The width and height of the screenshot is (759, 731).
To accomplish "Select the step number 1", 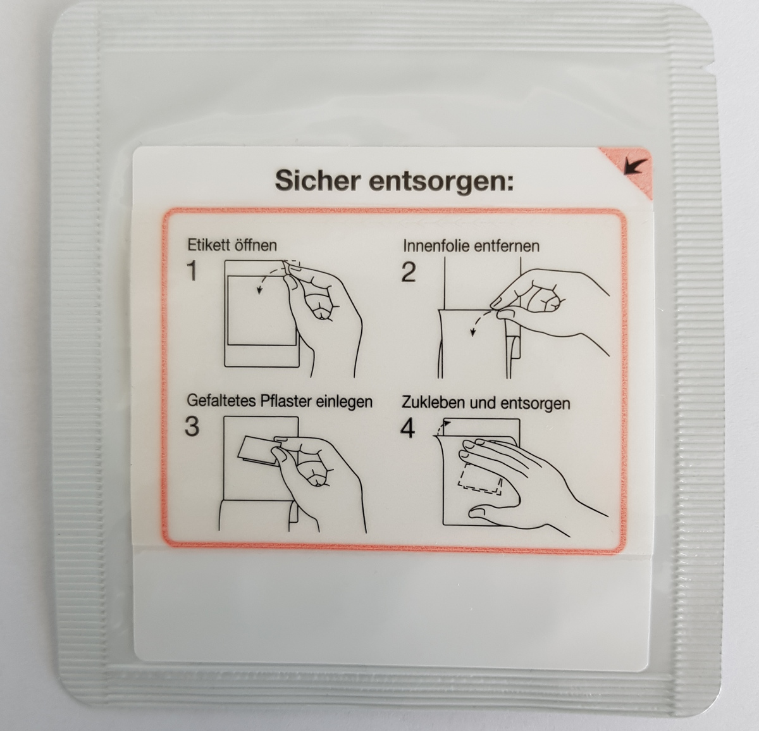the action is point(192,271).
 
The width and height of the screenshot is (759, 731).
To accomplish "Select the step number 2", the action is point(409,272).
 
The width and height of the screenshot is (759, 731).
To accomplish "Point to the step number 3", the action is point(192,427).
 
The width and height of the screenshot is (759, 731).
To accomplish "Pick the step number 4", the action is point(407,428).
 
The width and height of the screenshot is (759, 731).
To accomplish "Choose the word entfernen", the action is point(507,246).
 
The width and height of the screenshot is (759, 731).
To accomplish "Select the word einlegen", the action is point(344,403).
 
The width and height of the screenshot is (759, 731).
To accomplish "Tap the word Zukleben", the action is point(433,403).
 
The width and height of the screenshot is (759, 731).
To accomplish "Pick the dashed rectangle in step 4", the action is point(479,479).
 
